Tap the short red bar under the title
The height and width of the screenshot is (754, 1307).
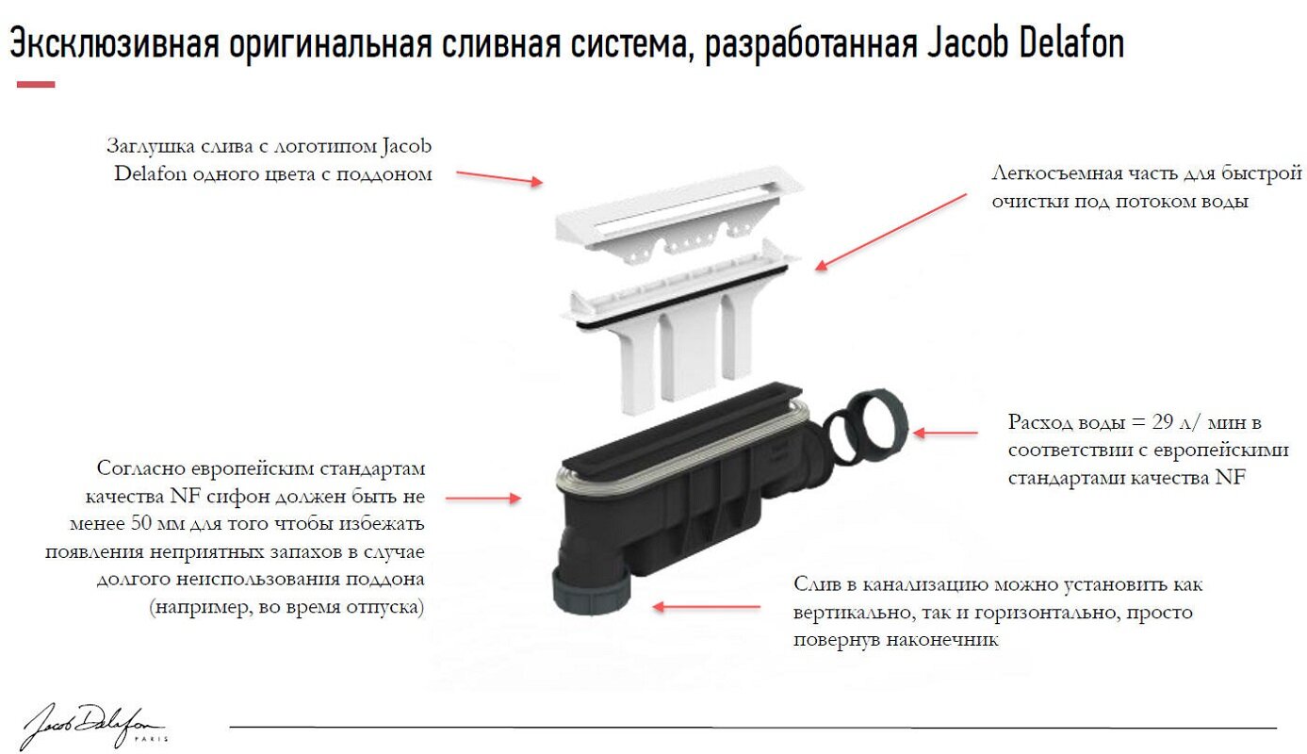click(36, 85)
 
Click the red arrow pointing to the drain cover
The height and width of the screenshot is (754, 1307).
click(499, 178)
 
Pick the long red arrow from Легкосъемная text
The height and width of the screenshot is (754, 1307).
click(890, 232)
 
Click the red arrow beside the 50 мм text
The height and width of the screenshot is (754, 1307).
click(482, 497)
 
